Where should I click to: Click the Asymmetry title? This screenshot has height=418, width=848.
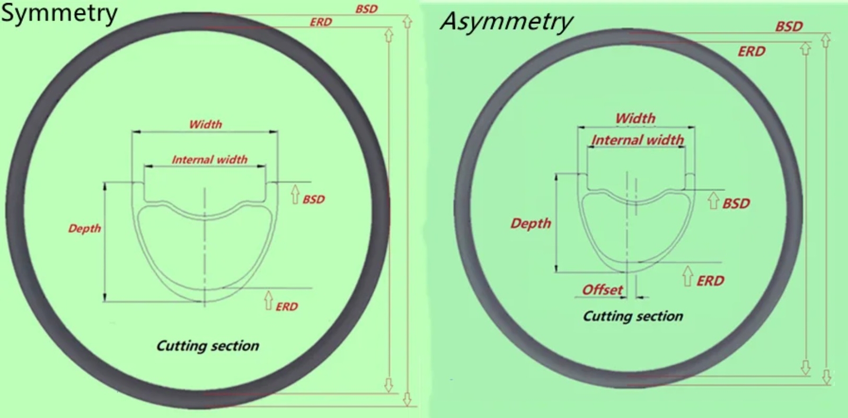coord(507,22)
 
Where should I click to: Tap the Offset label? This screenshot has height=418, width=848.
coord(602,290)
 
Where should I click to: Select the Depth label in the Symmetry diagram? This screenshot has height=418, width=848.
coord(84,229)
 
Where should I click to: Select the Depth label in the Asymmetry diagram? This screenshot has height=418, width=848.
coord(531,224)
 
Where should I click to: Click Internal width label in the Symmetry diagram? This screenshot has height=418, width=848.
coord(209,160)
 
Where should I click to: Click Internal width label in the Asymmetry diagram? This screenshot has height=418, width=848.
coord(638,140)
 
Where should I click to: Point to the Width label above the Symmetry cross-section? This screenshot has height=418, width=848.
coord(205,124)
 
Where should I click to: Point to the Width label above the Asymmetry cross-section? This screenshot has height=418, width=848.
coord(635,118)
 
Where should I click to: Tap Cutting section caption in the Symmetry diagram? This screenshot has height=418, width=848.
coord(207,346)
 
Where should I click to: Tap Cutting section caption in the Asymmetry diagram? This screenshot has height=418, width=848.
coord(633,316)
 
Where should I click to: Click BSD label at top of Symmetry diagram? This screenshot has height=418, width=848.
coord(366,9)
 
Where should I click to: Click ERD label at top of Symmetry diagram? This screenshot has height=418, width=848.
coord(321,22)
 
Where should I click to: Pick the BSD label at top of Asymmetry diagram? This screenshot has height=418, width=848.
coord(789,27)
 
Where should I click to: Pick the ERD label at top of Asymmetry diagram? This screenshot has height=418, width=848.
coord(752,51)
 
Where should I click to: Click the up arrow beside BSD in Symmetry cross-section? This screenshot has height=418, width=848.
coord(295,194)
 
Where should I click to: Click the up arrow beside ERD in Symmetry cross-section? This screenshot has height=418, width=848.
coord(268,300)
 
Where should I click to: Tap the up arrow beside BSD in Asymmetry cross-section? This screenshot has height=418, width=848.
coord(713,201)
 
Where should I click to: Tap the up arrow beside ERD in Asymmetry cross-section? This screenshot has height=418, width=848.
coord(688,276)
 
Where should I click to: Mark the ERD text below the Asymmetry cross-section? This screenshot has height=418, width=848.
coord(710,281)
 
